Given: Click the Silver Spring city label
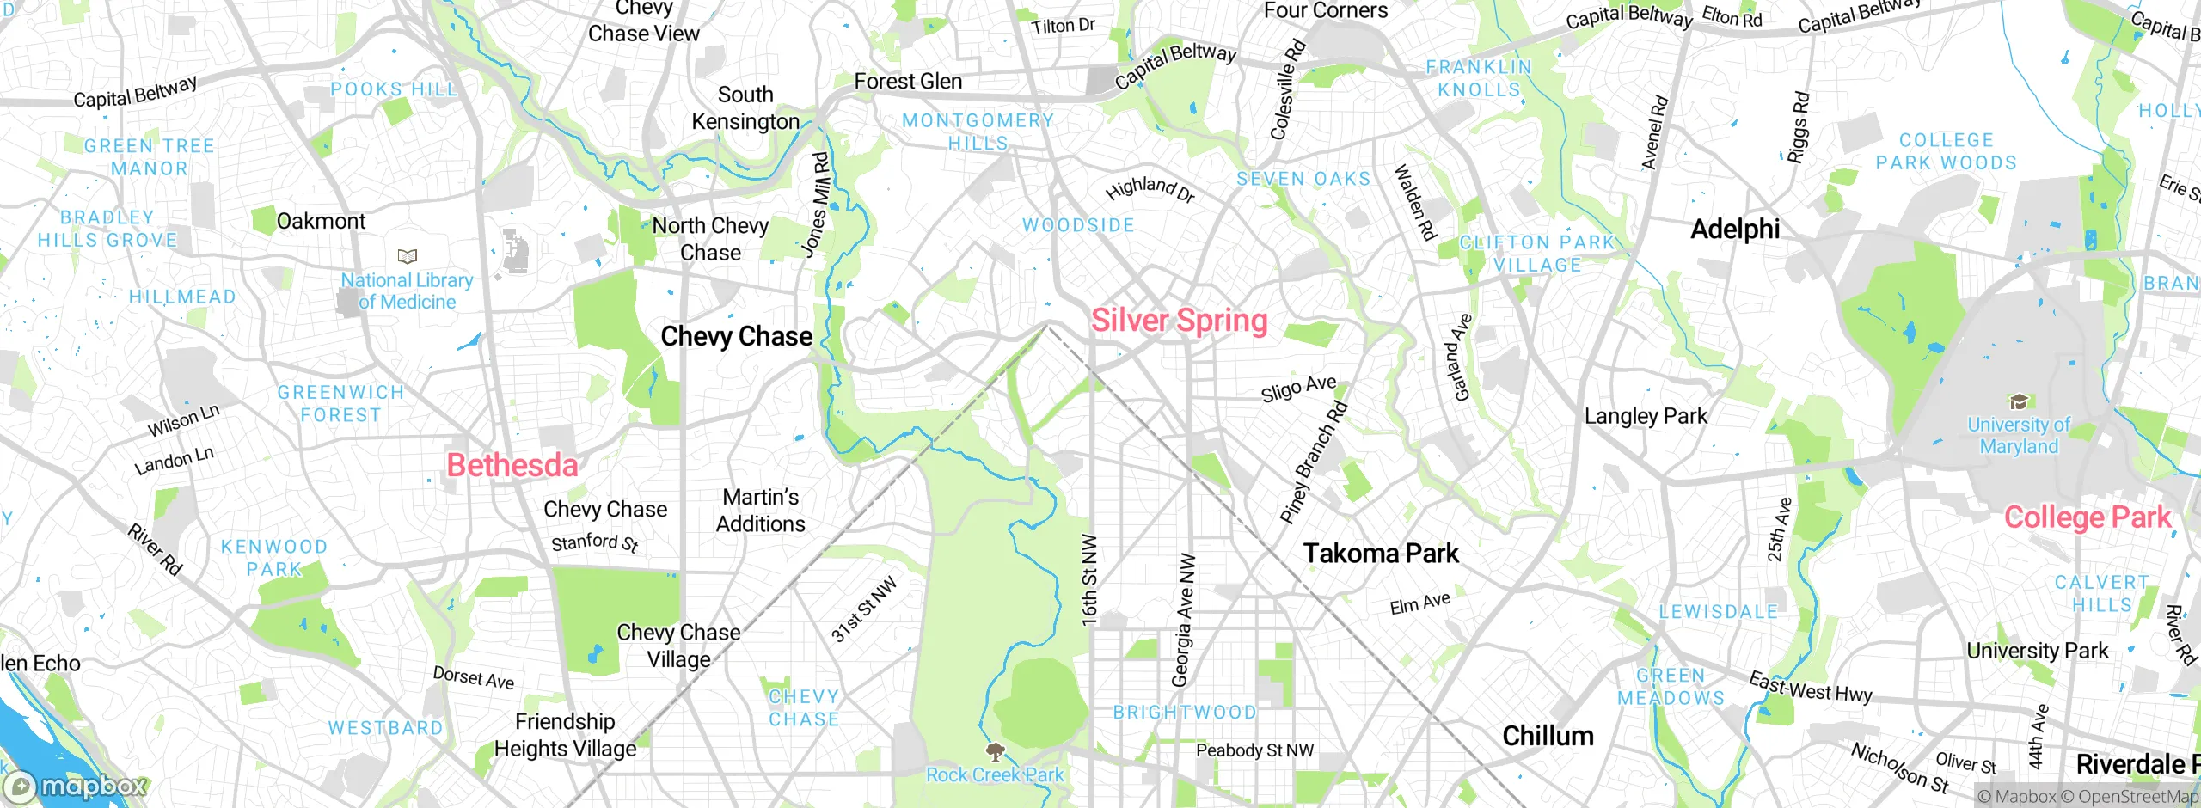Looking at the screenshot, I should pos(1179,321).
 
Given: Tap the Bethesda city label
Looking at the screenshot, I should pos(512,465).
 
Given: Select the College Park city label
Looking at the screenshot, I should pos(2088,517).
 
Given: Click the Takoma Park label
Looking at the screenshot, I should pos(1381,553).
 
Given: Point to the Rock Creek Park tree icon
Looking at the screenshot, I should pos(996,753).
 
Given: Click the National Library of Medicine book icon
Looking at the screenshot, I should pos(408,256).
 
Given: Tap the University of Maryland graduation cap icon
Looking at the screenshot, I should pos(2019,401).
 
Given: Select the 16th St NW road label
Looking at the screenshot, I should pos(1089,579).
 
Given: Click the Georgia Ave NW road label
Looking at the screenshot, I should pos(1184,619).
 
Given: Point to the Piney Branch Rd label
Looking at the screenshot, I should pos(1313,462).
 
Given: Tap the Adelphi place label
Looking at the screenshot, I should pos(1735,229).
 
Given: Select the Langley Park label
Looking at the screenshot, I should pos(1646,416).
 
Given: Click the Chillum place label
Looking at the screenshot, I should pos(1548,736).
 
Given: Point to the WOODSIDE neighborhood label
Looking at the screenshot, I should pos(1078,225).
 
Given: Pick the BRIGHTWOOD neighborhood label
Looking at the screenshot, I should pos(1185,713).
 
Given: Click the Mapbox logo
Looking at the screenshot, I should pos(76,786).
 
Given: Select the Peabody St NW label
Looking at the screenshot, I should pos(1254,750).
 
